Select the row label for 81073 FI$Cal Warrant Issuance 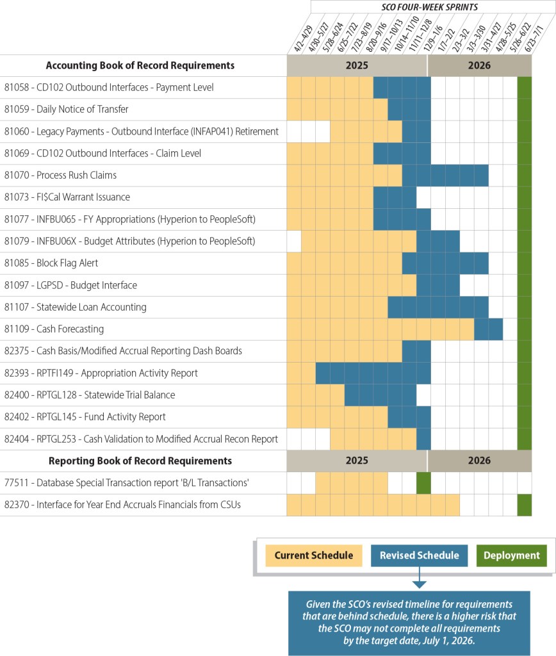tap(67, 197)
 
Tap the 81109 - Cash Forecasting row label tap(54, 329)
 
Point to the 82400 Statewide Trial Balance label tap(89, 395)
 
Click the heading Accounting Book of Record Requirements tap(140, 65)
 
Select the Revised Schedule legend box tap(419, 555)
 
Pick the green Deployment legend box tap(511, 555)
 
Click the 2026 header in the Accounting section tap(479, 65)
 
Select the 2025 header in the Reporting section tap(357, 461)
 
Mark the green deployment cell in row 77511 tap(423, 482)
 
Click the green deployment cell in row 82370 tap(525, 505)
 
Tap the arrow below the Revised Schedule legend tap(419, 582)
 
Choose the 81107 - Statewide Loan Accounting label tap(75, 307)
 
